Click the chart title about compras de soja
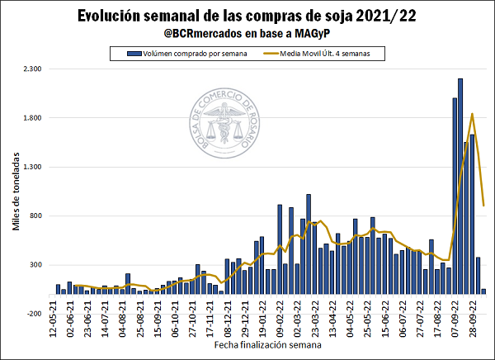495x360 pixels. click(247, 17)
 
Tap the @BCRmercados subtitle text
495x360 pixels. click(247, 33)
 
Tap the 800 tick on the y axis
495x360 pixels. click(35, 216)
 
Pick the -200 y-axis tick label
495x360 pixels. click(34, 314)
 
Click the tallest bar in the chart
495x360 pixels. click(460, 186)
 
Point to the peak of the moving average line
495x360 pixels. click(472, 114)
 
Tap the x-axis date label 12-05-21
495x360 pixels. click(53, 318)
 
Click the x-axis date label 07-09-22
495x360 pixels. click(455, 318)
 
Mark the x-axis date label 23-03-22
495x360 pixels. click(314, 318)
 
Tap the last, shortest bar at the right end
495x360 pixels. click(483, 291)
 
